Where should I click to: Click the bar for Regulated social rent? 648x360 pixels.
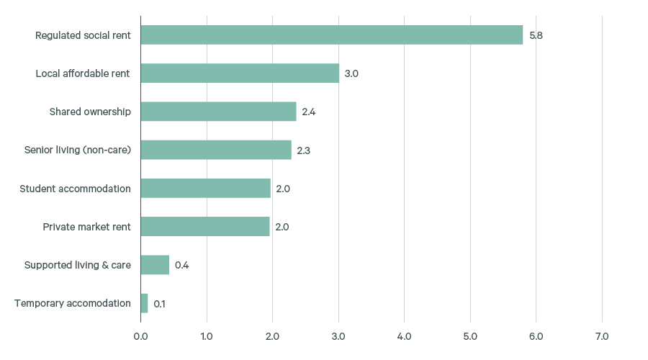point(331,35)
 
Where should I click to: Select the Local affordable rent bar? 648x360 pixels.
point(240,73)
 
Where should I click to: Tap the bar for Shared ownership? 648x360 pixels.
point(218,112)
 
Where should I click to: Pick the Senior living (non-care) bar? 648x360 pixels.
point(216,150)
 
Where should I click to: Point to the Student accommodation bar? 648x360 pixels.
point(205,188)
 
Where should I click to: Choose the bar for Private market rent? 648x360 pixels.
point(205,226)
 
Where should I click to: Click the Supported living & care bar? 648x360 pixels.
point(155,264)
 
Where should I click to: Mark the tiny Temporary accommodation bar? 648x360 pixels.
point(144,303)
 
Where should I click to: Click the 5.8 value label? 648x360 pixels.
point(536,35)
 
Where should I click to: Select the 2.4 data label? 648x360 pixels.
point(309,112)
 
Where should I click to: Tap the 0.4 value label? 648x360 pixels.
point(181,265)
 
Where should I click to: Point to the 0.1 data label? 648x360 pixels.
point(159,304)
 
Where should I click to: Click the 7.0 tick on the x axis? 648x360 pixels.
point(602,336)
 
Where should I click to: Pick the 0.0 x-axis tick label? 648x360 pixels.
point(140,336)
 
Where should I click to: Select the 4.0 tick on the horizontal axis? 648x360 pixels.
point(404,336)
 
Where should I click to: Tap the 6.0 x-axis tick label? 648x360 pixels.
point(536,336)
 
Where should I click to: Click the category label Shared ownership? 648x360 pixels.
point(90,112)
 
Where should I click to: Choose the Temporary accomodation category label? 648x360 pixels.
point(73,303)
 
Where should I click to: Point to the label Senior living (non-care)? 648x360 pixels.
point(78,150)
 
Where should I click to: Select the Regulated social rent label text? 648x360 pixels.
point(83,35)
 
